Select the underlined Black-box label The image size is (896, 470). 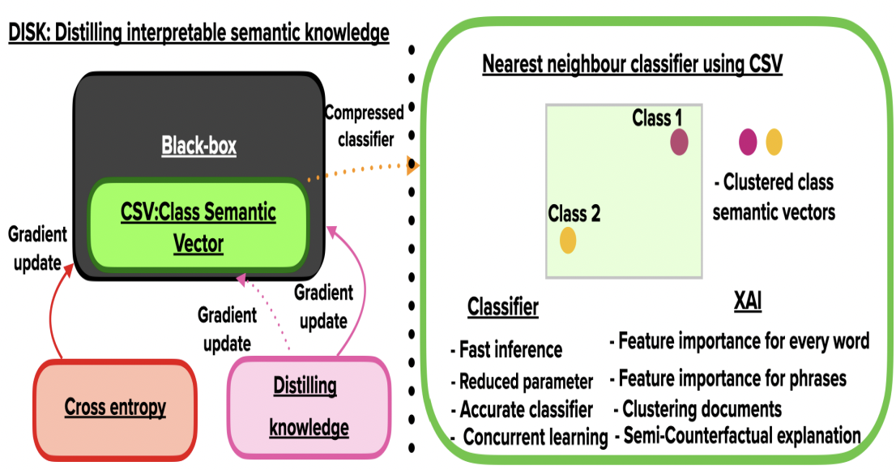click(198, 146)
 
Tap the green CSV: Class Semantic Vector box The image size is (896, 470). click(198, 227)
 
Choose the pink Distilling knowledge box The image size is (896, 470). click(309, 407)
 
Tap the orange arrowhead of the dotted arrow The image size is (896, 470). click(412, 167)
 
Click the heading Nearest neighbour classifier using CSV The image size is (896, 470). click(632, 65)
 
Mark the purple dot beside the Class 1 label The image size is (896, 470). click(679, 143)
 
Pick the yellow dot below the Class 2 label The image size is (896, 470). click(568, 241)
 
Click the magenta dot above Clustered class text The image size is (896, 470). click(748, 142)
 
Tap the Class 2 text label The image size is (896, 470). click(574, 214)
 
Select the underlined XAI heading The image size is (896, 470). click(746, 302)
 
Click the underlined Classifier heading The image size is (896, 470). click(502, 307)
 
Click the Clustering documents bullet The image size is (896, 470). click(701, 408)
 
